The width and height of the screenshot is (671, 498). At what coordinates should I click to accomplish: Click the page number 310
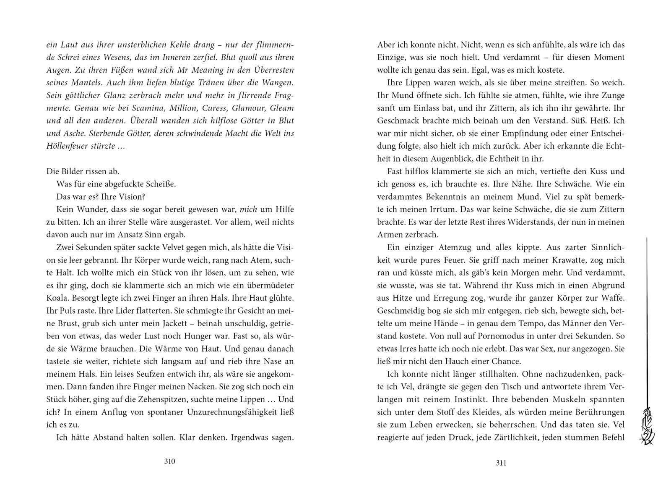point(169,461)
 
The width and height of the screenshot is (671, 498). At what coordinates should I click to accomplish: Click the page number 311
point(501,463)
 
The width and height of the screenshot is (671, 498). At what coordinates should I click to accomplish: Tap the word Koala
point(58,299)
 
